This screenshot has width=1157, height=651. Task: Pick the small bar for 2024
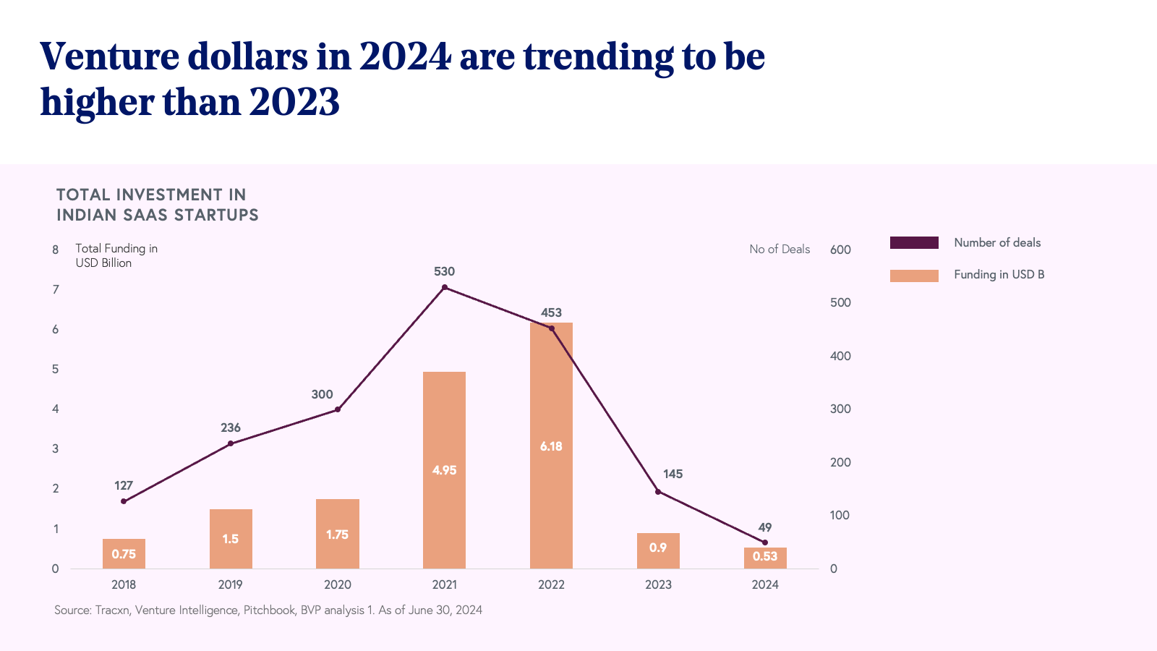click(x=765, y=558)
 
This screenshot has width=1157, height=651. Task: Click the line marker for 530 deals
click(x=445, y=287)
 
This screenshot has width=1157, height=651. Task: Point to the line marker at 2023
click(x=658, y=492)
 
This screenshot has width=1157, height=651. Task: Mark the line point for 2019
click(x=231, y=443)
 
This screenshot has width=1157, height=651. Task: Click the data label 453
click(x=551, y=312)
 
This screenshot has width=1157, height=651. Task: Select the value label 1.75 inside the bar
click(x=337, y=535)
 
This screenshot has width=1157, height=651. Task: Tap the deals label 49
click(x=765, y=527)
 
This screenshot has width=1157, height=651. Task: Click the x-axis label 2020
click(x=338, y=584)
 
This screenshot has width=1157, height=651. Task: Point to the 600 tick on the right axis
click(x=840, y=250)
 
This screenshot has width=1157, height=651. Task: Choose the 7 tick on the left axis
click(x=56, y=289)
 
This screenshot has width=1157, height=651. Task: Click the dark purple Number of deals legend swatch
click(x=914, y=243)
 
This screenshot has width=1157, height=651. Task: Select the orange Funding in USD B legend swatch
click(x=914, y=276)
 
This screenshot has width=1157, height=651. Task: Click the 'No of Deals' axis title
click(x=780, y=249)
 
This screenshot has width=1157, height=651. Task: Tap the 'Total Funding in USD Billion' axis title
click(x=116, y=255)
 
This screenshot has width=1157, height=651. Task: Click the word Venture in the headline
click(x=108, y=56)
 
